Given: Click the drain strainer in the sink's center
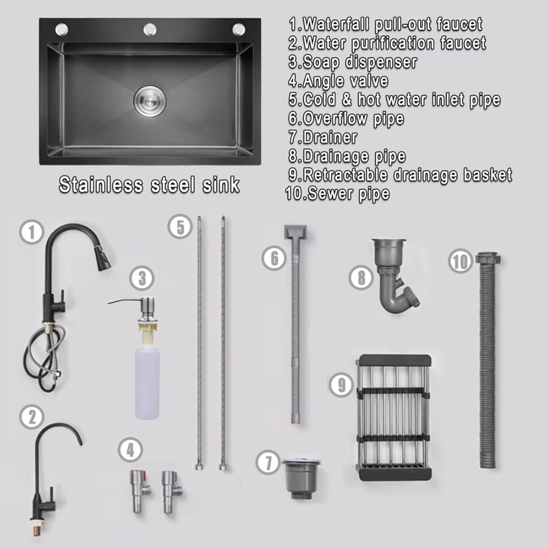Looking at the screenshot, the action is point(150,101).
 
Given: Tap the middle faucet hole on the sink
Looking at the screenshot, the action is point(150,30).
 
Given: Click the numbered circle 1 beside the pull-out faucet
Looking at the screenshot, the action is point(32,232).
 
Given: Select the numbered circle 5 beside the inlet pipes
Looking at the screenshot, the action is point(180,226).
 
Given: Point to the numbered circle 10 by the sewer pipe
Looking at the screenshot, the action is point(461,261).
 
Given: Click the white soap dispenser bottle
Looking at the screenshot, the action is point(147,383).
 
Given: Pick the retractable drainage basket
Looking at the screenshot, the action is point(393,417).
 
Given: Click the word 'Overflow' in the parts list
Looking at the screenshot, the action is point(335,118).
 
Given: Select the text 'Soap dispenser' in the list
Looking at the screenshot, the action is point(360,62).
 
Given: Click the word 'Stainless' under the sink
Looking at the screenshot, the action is point(101,184).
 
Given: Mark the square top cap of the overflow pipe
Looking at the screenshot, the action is point(295,232).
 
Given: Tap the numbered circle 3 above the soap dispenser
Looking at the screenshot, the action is point(142,278).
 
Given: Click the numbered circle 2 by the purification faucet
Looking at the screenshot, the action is point(32,417).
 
